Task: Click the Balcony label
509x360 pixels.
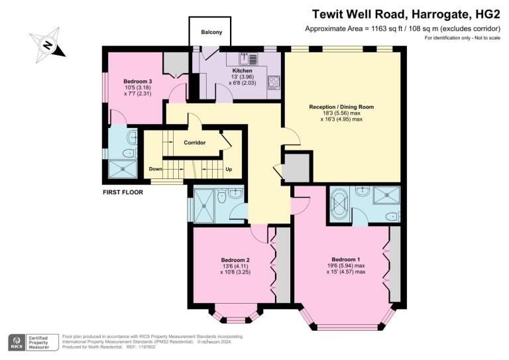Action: click(211, 32)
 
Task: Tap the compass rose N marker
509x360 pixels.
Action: click(48, 45)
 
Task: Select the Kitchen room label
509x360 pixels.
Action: click(242, 70)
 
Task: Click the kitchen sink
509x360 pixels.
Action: click(249, 58)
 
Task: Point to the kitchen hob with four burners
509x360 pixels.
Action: click(274, 82)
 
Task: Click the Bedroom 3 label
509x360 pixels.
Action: click(138, 82)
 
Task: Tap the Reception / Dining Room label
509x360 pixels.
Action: click(341, 107)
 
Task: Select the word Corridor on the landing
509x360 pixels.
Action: click(195, 143)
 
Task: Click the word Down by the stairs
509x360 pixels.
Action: click(156, 169)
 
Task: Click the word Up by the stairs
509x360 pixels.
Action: click(229, 169)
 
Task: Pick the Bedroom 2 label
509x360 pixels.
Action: click(235, 260)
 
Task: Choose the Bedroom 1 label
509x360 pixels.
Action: click(346, 259)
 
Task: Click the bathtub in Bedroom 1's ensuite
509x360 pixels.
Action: click(339, 204)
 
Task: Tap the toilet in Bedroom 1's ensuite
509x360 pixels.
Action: click(393, 216)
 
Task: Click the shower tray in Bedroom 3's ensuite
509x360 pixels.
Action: click(123, 169)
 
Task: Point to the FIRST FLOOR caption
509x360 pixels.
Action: click(123, 192)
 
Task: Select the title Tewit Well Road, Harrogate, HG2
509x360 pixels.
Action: click(406, 15)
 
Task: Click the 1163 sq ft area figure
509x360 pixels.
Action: click(384, 29)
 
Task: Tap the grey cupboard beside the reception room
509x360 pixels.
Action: click(296, 168)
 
